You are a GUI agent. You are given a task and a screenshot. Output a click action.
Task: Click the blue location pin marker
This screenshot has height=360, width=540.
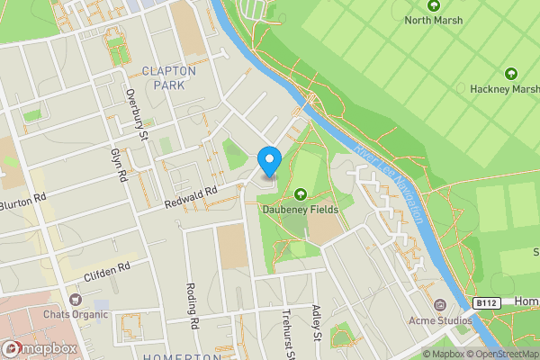coord(269,162)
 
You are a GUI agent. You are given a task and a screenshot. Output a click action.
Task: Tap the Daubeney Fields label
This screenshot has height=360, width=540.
coord(301,209)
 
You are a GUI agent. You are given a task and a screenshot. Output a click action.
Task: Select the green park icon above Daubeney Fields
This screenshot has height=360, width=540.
coord(301,193)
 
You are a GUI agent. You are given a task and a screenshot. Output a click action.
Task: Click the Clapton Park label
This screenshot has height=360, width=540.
coord(163,77)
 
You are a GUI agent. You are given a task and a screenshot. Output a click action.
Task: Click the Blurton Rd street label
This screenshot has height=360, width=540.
coord(20,203)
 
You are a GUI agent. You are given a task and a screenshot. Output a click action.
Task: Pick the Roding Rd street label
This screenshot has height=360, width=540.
coord(193,306)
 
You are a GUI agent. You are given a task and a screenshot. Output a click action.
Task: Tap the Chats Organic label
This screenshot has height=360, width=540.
coord(75,315)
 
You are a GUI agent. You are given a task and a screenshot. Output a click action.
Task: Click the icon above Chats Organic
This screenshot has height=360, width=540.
coord(75,300)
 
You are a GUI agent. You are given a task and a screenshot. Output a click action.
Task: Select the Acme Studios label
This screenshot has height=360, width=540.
coord(439,320)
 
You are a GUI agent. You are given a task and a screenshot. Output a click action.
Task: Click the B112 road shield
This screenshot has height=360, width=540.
coord(487,302)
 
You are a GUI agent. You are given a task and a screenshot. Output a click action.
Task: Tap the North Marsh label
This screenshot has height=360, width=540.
coord(435,20)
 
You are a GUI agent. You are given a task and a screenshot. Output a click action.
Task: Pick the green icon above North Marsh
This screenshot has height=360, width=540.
coord(434,5)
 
